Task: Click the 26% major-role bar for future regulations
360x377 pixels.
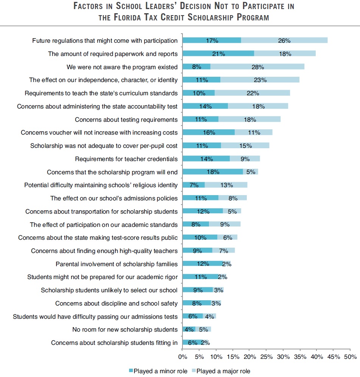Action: coord(284,40)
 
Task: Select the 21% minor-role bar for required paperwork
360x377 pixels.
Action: coord(218,54)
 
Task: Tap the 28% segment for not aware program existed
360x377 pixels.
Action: coord(257,67)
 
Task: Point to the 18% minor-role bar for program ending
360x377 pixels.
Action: coord(213,172)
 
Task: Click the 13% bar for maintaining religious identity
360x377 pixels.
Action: coord(226,185)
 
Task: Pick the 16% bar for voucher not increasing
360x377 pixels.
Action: coord(209,132)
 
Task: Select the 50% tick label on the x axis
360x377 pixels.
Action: coord(350,357)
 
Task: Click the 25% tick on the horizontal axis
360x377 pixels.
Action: coord(266,357)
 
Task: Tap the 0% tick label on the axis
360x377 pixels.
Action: coord(182,357)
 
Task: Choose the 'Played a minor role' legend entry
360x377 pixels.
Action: coord(157,371)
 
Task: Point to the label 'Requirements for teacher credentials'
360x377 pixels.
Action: coord(126,159)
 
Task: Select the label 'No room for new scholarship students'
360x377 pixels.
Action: coord(125,329)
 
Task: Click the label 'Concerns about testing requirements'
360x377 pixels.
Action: coord(126,119)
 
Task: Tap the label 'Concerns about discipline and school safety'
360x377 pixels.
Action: coord(116,303)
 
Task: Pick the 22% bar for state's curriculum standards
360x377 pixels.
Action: coord(252,93)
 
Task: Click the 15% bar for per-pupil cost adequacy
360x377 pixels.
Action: coord(245,146)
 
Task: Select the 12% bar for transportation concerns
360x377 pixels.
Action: coord(203,211)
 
